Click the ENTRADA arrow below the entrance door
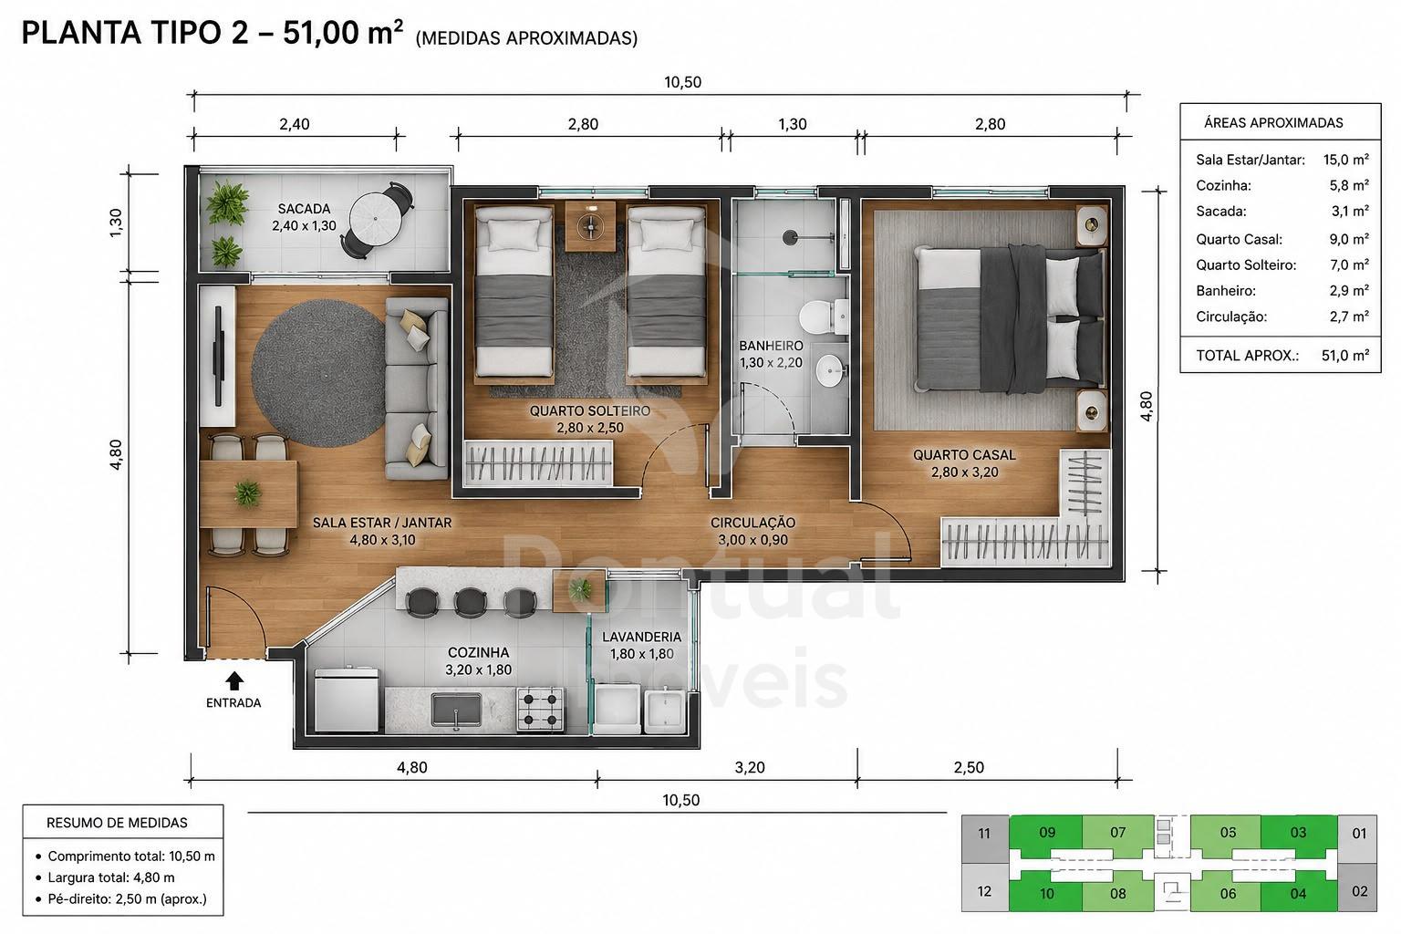234,680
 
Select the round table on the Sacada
374,219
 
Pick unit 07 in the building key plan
1117,833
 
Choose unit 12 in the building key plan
984,891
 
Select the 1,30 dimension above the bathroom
793,124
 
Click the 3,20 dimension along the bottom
749,767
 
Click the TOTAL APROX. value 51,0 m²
1345,356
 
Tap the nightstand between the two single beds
590,226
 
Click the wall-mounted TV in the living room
218,356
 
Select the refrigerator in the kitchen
348,700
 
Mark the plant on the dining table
248,493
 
